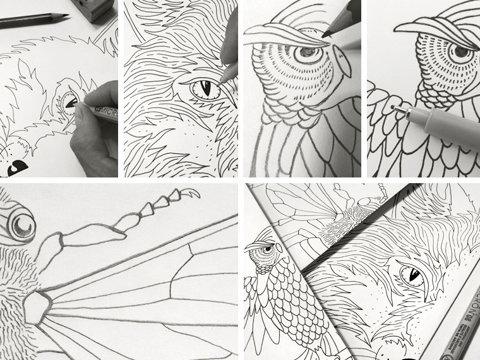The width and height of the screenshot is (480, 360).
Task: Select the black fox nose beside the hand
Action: [x=17, y=166]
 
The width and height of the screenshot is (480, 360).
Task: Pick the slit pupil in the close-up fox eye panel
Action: [x=203, y=89]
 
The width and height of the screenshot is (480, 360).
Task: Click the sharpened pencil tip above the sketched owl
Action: [x=324, y=35]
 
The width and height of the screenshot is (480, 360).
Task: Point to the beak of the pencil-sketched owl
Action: [x=344, y=63]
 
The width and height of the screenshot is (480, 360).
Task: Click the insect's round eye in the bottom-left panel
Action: [x=21, y=225]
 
